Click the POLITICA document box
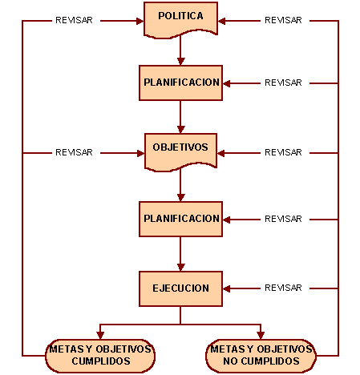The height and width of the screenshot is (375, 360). pyautogui.click(x=180, y=20)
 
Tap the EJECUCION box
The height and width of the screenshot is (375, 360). pyautogui.click(x=180, y=288)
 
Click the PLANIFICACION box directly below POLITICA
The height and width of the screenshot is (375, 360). pyautogui.click(x=180, y=83)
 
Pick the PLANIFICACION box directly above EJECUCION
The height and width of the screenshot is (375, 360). pyautogui.click(x=180, y=219)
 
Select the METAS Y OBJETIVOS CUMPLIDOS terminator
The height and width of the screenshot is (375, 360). pyautogui.click(x=100, y=356)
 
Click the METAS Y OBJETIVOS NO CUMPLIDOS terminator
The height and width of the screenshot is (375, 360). pyautogui.click(x=261, y=356)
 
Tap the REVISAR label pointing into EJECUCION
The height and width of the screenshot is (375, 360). pyautogui.click(x=283, y=288)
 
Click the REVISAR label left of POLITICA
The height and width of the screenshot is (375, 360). pyautogui.click(x=74, y=20)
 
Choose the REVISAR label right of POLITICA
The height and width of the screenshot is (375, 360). pyautogui.click(x=283, y=20)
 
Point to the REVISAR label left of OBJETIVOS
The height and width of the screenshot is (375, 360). pyautogui.click(x=74, y=152)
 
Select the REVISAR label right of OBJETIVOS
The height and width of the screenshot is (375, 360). pyautogui.click(x=283, y=152)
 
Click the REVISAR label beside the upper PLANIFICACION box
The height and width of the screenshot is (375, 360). pyautogui.click(x=283, y=83)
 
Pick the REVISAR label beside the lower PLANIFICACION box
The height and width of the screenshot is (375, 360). pyautogui.click(x=283, y=219)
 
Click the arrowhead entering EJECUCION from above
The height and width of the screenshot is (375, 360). pyautogui.click(x=181, y=268)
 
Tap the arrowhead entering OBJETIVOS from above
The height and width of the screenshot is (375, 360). pyautogui.click(x=181, y=130)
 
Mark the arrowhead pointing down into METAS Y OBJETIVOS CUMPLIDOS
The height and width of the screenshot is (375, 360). pyautogui.click(x=100, y=336)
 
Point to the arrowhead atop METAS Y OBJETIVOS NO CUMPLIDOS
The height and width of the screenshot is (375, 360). pyautogui.click(x=261, y=336)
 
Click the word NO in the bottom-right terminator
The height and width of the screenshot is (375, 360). pyautogui.click(x=230, y=361)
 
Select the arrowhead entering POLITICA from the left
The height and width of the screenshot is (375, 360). pyautogui.click(x=140, y=21)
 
